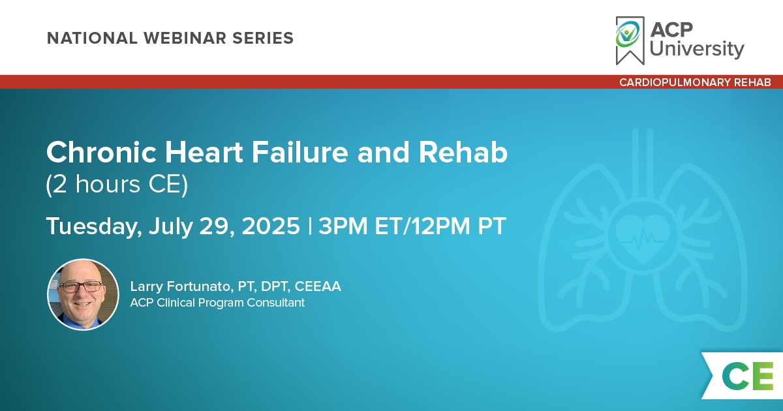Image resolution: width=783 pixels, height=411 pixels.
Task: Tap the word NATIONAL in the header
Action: pos(92,38)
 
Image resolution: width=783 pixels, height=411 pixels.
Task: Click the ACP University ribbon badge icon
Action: pos(630,40)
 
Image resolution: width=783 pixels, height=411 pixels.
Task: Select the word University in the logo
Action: pos(697,48)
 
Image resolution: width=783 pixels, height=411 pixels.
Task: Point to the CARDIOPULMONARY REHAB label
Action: pos(695,82)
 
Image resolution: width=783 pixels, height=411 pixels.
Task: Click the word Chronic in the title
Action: pos(101,153)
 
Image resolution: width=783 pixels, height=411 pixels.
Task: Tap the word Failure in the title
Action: pos(300,153)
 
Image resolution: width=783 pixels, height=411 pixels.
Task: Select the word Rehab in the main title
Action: pos(463,153)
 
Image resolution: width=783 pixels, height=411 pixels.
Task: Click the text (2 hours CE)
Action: pos(117,184)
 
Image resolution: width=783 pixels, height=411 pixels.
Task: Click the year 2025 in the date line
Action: pos(271,226)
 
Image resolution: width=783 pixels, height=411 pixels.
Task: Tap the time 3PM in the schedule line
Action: pos(343,226)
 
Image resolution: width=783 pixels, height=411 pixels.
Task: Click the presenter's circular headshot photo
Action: pos(83,295)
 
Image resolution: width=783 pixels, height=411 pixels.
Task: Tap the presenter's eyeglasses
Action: pos(82,287)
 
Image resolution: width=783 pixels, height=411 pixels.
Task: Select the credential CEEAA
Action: pos(318,286)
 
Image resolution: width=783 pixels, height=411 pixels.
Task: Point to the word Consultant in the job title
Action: pos(276,303)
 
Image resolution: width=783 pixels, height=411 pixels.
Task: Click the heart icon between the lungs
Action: pos(643,238)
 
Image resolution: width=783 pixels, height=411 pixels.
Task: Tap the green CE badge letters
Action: pos(748,376)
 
